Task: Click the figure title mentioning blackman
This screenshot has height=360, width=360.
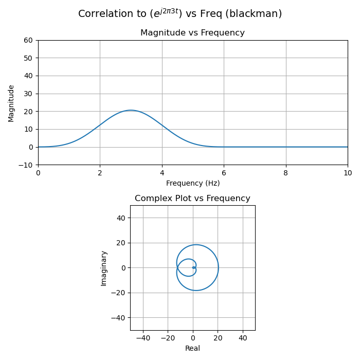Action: click(180, 14)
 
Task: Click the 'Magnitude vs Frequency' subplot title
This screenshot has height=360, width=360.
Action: click(192, 33)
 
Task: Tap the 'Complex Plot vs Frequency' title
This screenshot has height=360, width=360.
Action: click(192, 199)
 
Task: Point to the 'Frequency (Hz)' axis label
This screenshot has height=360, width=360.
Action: click(192, 183)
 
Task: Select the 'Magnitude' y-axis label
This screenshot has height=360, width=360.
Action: click(11, 103)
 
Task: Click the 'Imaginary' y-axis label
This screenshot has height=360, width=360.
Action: click(104, 268)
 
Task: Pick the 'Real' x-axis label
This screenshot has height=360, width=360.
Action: click(192, 348)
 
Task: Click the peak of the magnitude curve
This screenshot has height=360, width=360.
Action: click(131, 110)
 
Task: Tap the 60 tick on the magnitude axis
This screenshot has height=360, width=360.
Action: click(28, 40)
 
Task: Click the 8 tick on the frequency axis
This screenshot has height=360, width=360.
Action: click(286, 173)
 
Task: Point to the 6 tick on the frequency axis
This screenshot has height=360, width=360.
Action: click(224, 173)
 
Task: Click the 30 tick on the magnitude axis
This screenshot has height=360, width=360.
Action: click(28, 94)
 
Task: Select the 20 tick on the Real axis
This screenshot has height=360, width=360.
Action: click(218, 338)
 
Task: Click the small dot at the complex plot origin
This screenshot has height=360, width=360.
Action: click(193, 267)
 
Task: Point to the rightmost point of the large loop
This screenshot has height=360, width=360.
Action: click(218, 267)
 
